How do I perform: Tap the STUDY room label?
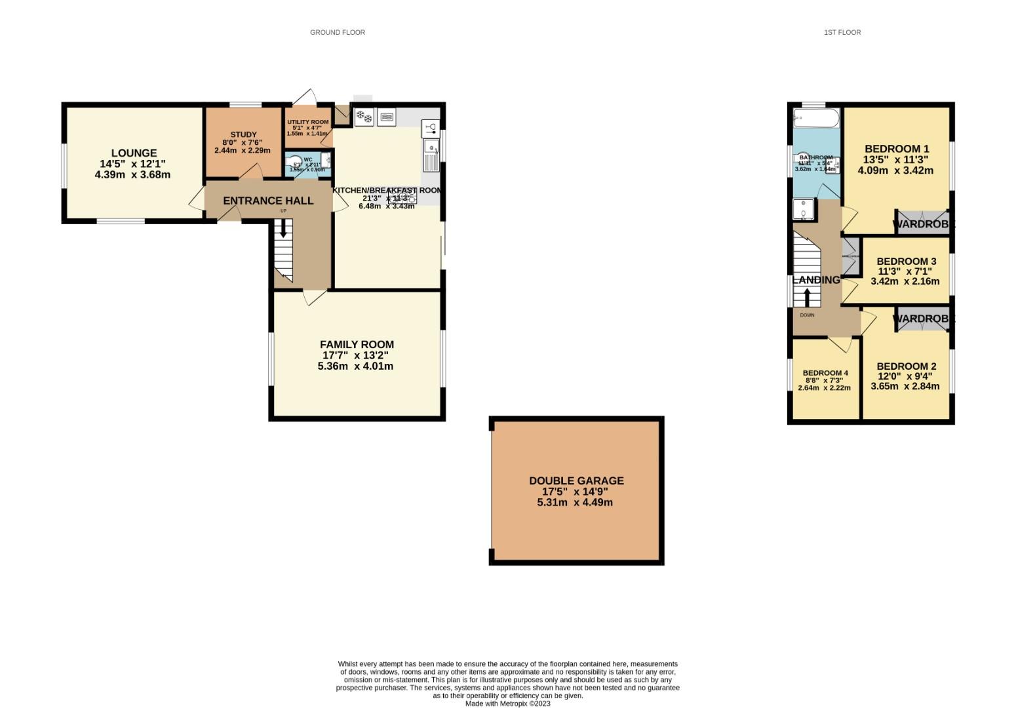[x=243, y=134]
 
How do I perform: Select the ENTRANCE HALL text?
[x=268, y=201]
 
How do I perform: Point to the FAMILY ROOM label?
[x=357, y=344]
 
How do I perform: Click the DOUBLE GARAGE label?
[x=576, y=481]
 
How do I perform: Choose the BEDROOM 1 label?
[x=896, y=149]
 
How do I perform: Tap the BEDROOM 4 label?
[x=825, y=373]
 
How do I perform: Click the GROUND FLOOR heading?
[x=338, y=32]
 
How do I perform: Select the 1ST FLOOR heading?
[x=842, y=32]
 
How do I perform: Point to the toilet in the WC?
[x=296, y=161]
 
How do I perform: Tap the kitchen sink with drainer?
[x=431, y=155]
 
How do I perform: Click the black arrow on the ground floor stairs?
[x=283, y=227]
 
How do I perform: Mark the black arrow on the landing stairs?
[x=807, y=297]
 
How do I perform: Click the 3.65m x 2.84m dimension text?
[x=905, y=386]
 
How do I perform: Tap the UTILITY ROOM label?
[x=307, y=122]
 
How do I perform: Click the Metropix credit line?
[x=507, y=703]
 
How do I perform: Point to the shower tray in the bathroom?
[x=803, y=210]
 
